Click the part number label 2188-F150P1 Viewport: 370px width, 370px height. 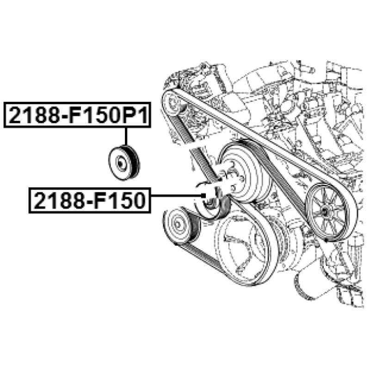(x=77, y=115)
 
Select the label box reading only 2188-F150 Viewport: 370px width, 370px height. (x=90, y=200)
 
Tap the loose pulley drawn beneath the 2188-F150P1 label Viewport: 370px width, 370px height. (x=124, y=163)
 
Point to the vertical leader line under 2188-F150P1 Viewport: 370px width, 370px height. (x=126, y=136)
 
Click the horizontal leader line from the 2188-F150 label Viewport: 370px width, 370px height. (x=177, y=196)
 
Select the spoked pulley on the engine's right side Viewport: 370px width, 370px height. (x=330, y=212)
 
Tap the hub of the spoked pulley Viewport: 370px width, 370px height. (x=325, y=212)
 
